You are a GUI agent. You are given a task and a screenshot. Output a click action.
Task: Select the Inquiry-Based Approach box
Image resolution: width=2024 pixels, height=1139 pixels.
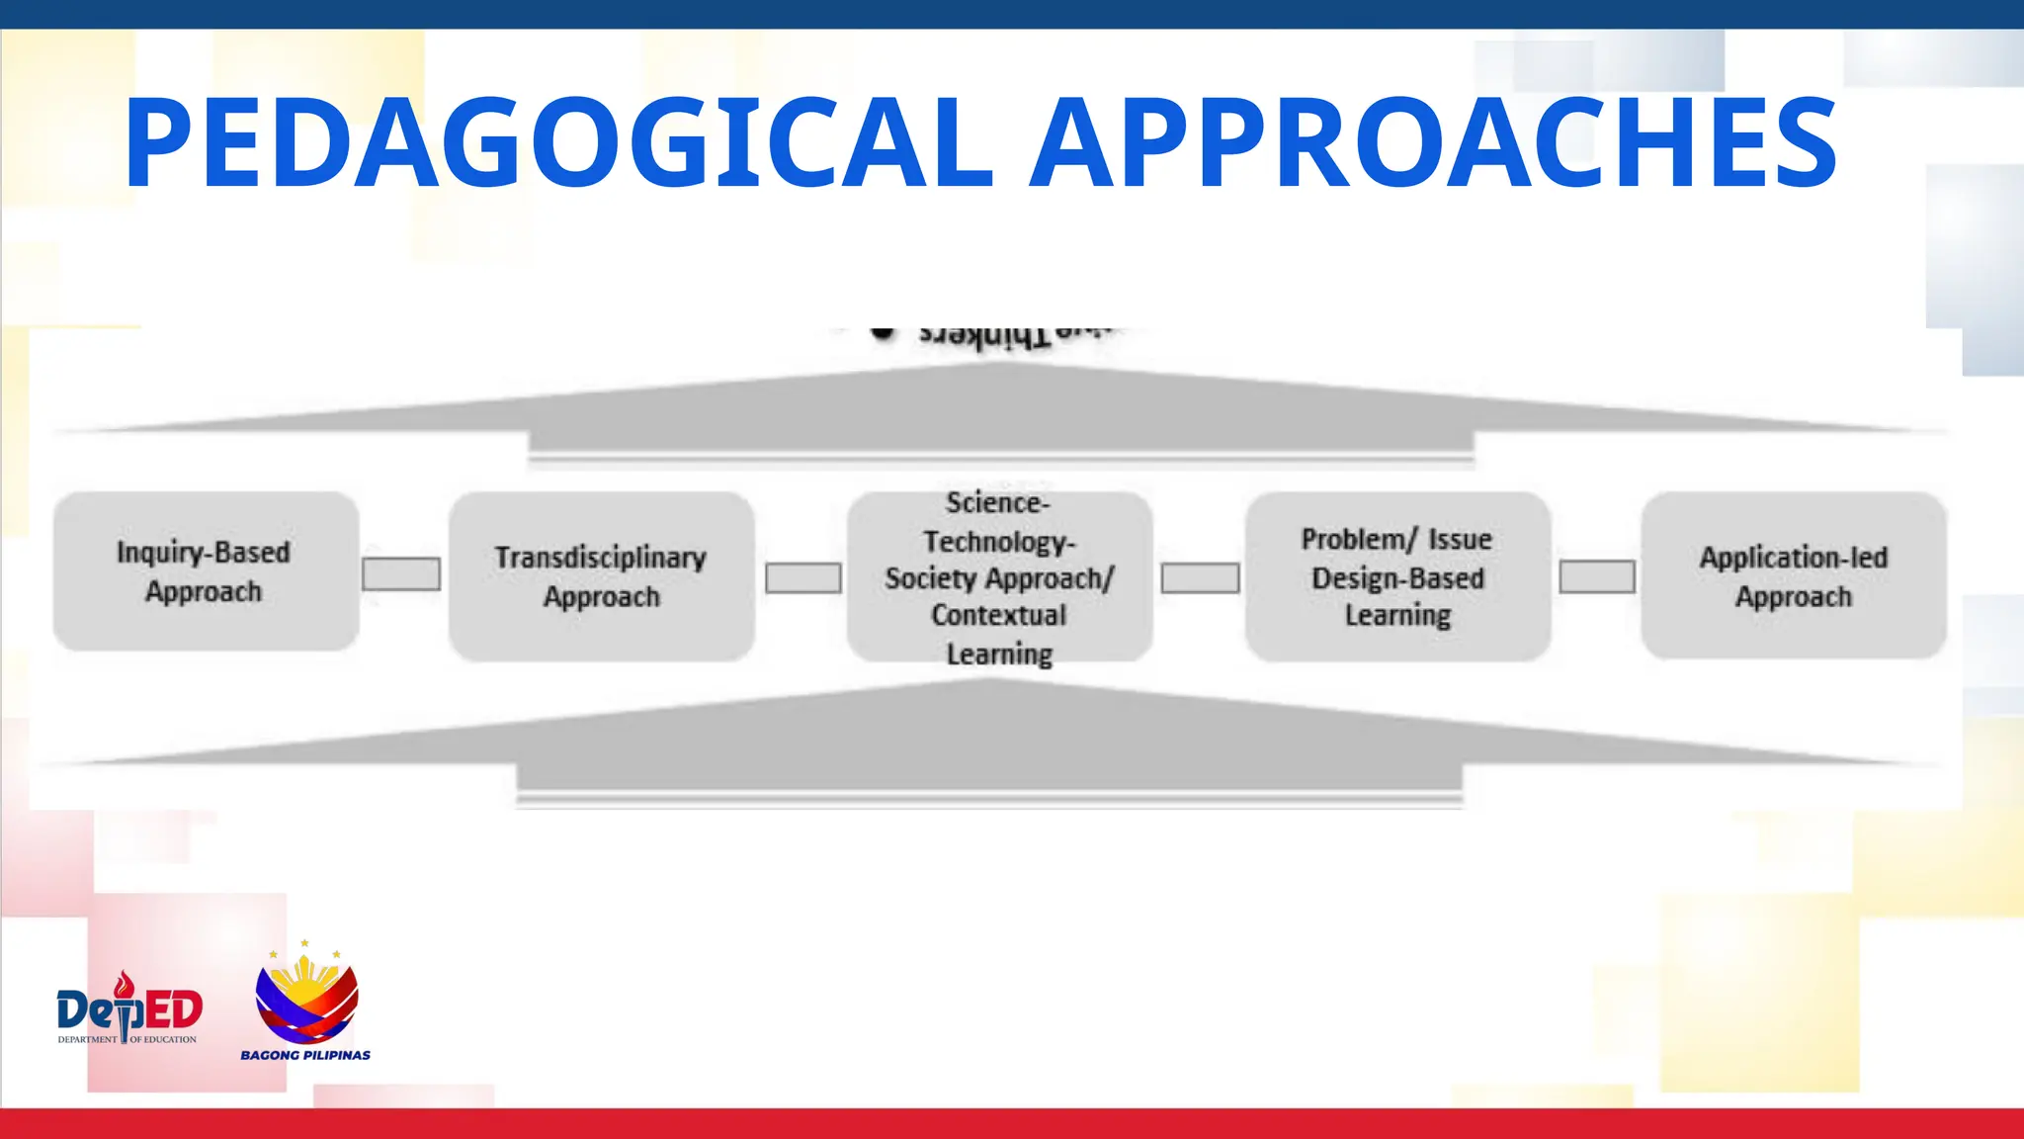pos(206,571)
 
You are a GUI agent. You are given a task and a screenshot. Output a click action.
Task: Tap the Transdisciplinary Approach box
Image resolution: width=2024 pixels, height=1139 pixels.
pos(601,576)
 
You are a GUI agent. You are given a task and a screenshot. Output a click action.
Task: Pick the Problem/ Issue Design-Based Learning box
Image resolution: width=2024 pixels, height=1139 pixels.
pos(1396,576)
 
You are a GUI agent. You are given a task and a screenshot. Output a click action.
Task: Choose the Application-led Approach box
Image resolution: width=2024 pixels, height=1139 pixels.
pos(1793,576)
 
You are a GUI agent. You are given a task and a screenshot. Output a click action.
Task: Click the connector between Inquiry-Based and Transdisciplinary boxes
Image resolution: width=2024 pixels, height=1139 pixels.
pos(400,573)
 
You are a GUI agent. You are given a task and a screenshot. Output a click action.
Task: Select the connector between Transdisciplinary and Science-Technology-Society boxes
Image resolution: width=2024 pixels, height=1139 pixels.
pos(802,577)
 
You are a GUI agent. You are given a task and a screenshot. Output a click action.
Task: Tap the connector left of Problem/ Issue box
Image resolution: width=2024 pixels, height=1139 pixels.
pos(1200,577)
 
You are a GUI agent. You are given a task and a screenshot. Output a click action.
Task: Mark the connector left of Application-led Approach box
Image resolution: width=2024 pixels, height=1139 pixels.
pos(1596,576)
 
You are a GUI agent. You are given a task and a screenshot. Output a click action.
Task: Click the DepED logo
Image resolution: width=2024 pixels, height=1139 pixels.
pos(128,1008)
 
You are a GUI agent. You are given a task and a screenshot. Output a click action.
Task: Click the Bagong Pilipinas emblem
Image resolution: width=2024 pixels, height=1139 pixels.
pos(306,997)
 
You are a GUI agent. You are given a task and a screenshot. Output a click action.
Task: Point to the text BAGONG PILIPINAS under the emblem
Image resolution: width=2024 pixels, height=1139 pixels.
pos(305,1055)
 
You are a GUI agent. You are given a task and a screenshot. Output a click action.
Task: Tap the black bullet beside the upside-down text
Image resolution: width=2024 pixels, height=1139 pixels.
pos(883,332)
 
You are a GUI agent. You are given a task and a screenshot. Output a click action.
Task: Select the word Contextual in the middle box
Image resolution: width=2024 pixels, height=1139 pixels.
pos(998,615)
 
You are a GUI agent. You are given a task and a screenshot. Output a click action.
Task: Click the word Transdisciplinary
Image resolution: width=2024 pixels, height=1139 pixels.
pos(600,558)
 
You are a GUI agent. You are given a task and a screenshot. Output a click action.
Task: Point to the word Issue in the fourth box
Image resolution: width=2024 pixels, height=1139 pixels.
pos(1459,540)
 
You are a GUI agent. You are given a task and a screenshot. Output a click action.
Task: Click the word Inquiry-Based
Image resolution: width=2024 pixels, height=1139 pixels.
pos(203,552)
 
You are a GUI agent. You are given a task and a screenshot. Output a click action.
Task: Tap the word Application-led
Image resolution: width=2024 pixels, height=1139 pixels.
pos(1793,558)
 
